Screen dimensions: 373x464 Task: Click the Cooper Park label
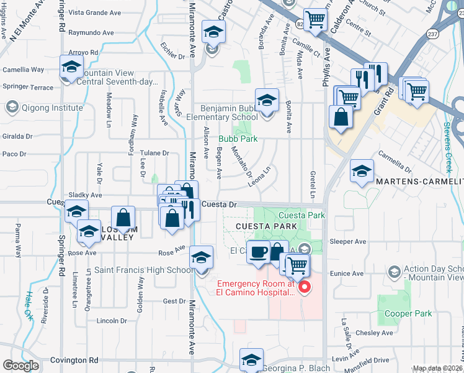[x=408, y=314]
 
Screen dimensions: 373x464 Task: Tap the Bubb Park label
[x=237, y=139]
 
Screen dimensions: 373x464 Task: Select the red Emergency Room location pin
[x=304, y=287]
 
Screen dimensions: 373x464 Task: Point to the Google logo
[x=20, y=365]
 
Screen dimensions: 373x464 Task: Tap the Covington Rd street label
[x=75, y=360]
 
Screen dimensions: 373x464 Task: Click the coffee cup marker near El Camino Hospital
[x=258, y=252]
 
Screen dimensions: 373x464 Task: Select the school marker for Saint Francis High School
[x=202, y=258]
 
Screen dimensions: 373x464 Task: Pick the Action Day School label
[x=434, y=272]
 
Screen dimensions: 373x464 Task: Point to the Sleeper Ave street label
[x=350, y=241]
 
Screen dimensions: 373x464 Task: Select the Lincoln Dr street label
[x=112, y=321]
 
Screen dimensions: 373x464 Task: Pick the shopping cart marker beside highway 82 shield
[x=315, y=20]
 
